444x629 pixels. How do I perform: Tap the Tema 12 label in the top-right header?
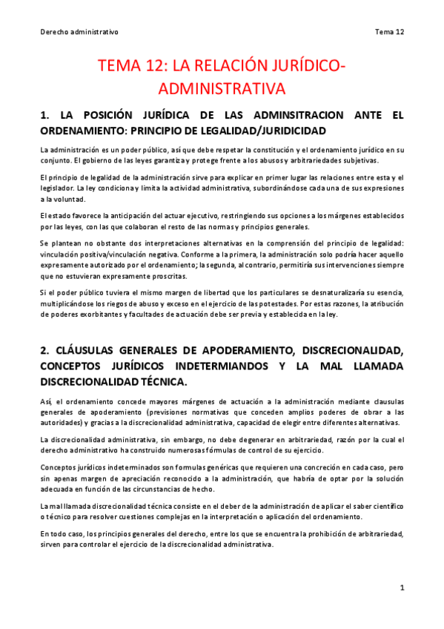389,32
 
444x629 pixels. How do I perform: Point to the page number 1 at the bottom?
401,587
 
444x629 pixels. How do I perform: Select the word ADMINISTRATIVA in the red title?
222,89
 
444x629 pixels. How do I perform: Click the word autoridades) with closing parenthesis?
63,423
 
